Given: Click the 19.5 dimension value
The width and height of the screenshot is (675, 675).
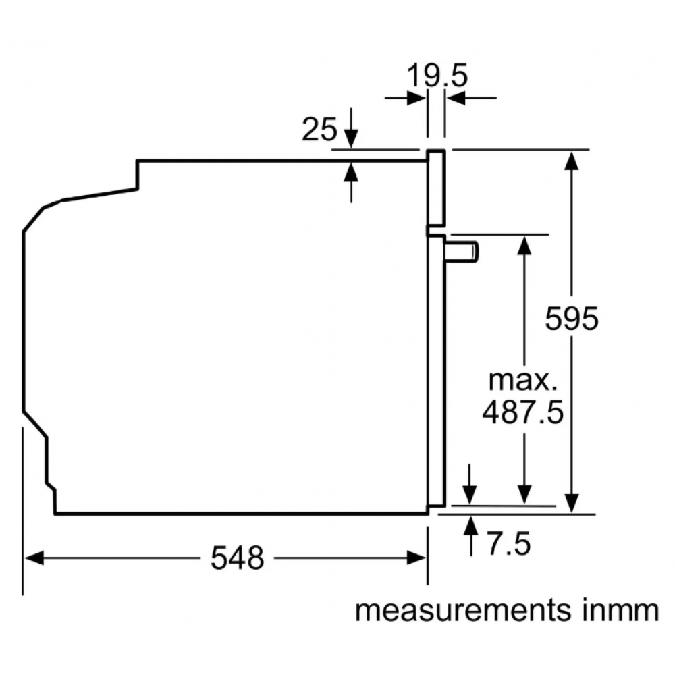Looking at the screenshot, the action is (x=437, y=76).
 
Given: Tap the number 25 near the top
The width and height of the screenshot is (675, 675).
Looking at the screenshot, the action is (x=319, y=129).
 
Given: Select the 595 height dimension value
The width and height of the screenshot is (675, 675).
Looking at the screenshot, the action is (x=572, y=319).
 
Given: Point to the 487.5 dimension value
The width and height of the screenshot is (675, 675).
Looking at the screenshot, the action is (x=522, y=412).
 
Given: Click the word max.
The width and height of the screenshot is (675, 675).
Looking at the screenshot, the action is (x=522, y=380).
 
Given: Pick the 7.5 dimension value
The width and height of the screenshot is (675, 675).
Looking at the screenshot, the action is (x=509, y=543).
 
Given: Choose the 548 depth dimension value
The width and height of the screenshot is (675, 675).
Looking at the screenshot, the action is (x=237, y=558).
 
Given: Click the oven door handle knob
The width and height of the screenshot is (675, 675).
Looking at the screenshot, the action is (x=462, y=252).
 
